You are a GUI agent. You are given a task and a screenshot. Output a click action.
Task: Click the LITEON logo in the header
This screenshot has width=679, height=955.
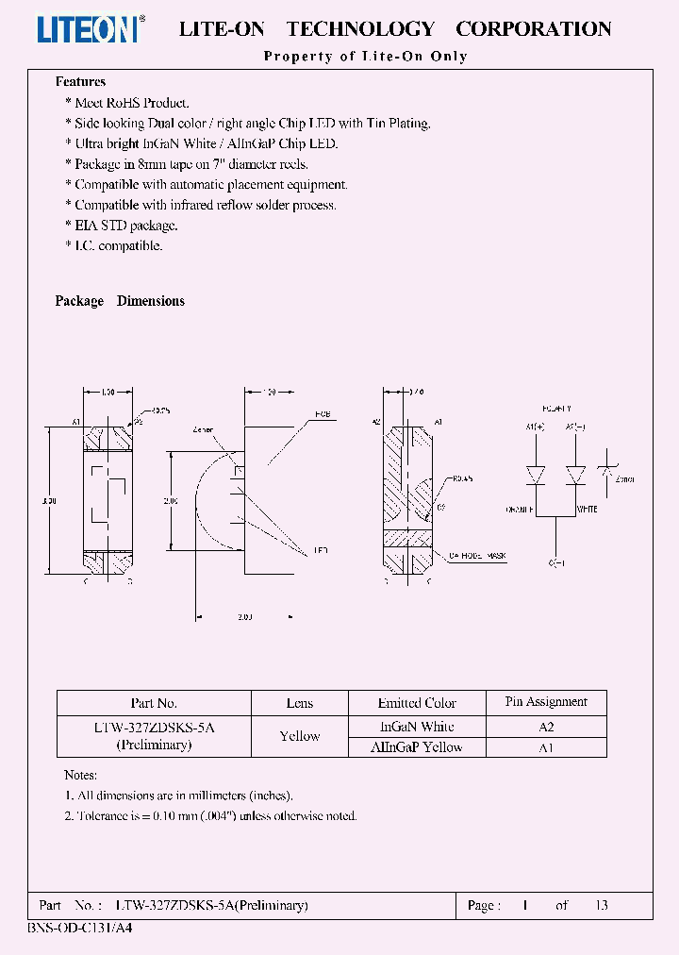coord(91,29)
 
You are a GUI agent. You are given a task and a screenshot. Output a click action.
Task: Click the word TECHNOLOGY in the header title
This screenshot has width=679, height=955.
coord(360,29)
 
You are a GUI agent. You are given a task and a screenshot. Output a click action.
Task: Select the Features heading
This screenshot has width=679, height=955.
coord(80,82)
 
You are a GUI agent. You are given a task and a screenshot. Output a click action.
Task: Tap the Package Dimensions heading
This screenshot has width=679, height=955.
coord(120,301)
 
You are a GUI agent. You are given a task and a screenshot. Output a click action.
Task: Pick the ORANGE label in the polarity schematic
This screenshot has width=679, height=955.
coord(521,509)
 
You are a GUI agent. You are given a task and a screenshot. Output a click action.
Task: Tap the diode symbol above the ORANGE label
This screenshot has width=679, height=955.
coord(537,475)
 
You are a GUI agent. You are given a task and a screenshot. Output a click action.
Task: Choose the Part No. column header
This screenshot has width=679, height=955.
coord(154,703)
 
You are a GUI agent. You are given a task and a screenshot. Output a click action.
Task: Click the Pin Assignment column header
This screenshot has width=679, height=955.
coord(546,702)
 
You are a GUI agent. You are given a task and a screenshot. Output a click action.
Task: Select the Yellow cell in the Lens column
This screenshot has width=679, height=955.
coord(300,736)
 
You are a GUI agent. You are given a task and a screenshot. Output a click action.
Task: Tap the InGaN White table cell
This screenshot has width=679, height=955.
coord(417,727)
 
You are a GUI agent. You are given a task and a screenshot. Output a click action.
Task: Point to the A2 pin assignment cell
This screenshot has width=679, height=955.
coord(546,727)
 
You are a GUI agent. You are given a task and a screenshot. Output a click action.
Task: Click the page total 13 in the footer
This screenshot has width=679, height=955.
coord(601,905)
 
